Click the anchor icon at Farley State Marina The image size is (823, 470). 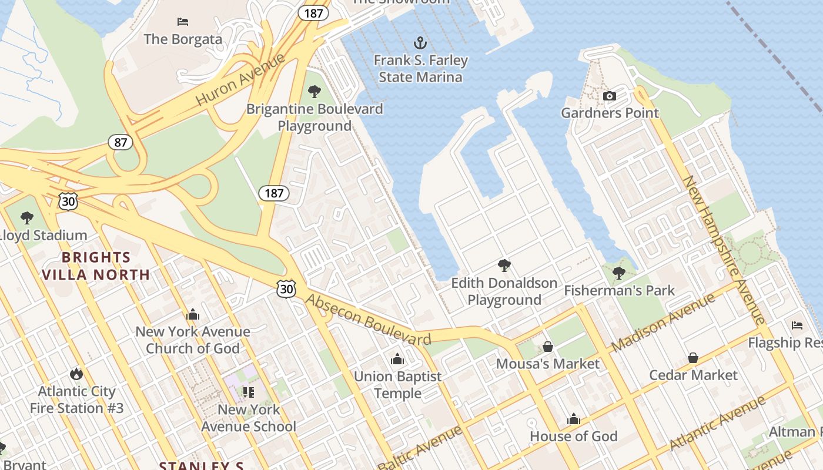420,42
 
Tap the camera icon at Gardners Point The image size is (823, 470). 610,96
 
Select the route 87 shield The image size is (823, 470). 120,142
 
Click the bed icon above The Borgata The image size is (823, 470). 183,22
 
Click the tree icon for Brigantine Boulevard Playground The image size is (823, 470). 315,91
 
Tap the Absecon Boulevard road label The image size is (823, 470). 369,320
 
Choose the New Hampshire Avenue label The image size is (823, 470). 724,249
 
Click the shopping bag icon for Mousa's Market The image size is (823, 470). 548,347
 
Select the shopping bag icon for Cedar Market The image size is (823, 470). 693,358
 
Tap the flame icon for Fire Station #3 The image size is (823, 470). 76,374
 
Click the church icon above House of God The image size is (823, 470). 573,419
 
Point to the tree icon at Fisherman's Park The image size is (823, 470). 618,273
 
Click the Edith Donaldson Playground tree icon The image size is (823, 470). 504,265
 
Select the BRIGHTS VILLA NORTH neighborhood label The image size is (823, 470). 96,266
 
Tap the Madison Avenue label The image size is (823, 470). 663,323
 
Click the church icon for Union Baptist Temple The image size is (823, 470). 397,359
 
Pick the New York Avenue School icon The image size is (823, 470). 248,392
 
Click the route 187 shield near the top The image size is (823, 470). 313,13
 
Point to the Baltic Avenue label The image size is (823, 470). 419,448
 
